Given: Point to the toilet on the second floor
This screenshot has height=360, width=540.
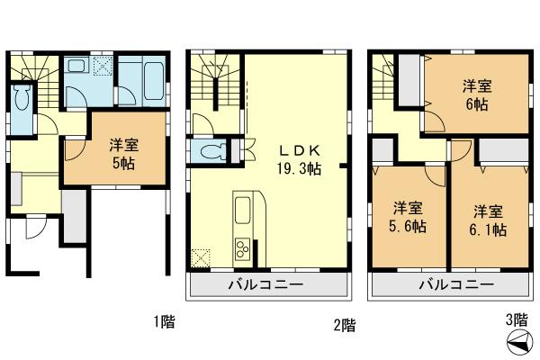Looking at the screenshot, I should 213,151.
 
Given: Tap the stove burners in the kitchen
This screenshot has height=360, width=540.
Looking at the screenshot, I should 243,245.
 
